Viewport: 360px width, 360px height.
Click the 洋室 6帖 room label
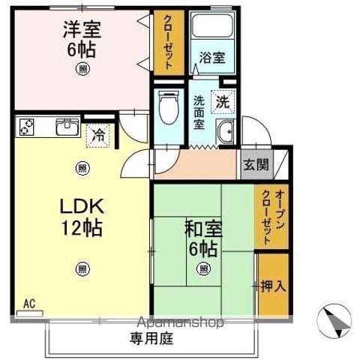[x=81, y=39]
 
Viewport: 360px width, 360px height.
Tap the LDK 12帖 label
[x=81, y=215]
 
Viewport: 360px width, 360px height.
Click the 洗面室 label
[x=199, y=112]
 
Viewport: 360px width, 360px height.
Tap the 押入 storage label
[x=271, y=286]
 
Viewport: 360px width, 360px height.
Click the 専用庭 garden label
[x=154, y=339]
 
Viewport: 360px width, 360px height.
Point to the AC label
[x=29, y=304]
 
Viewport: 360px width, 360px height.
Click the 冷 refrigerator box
[x=98, y=136]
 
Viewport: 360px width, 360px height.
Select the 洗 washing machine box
[x=223, y=100]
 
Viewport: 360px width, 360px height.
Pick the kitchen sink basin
[x=67, y=127]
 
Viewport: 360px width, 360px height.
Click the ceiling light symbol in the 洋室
[x=81, y=69]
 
